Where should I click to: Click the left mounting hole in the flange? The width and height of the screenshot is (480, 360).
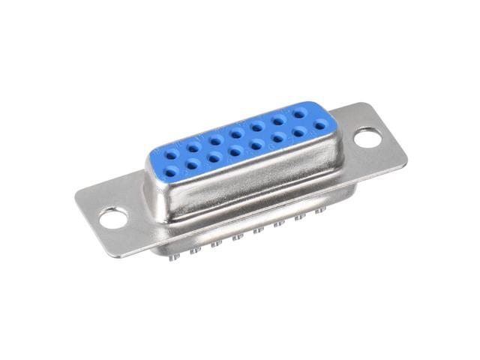point(112,218)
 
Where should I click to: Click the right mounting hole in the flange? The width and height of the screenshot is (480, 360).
point(367,137)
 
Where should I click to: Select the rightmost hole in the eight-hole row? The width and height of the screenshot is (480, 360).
point(300,113)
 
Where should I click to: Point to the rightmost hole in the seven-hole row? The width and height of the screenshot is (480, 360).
point(320,127)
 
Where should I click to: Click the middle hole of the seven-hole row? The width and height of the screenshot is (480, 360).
point(236,151)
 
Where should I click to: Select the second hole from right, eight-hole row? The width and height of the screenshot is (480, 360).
point(279,118)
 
